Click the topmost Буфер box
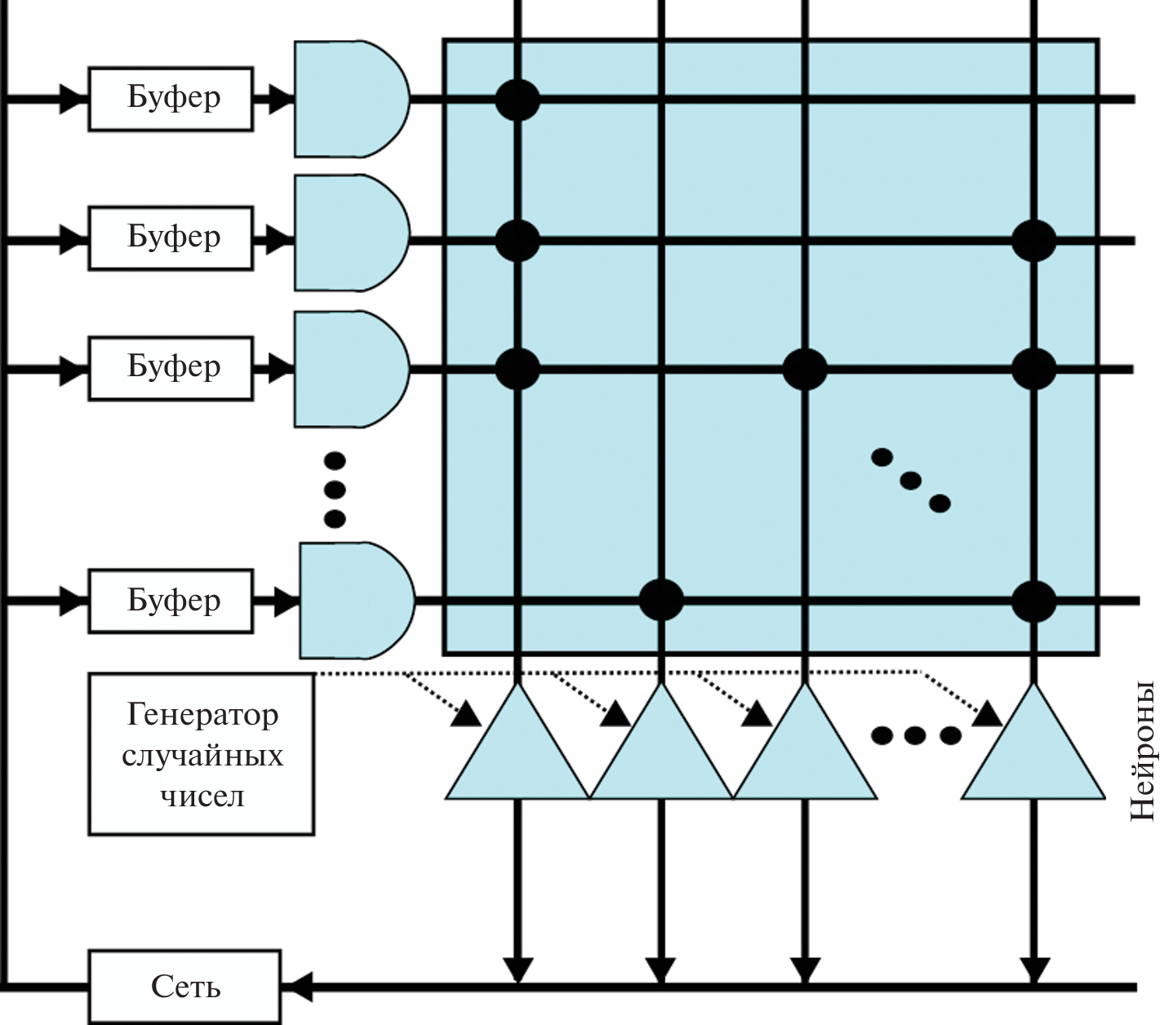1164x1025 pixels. tap(170, 99)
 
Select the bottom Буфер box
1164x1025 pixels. tap(170, 601)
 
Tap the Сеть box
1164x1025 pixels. tap(184, 987)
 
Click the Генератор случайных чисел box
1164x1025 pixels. tap(201, 754)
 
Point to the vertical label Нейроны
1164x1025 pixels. tap(1144, 752)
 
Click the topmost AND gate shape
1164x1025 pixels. tap(349, 99)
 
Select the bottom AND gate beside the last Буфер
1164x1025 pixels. tap(355, 601)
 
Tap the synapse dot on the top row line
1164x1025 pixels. tap(518, 100)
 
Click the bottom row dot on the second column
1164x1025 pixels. tap(660, 600)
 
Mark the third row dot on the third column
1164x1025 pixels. tap(805, 368)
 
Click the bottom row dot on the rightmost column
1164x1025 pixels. tap(1033, 601)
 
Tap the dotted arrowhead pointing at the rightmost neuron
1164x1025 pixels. tap(989, 715)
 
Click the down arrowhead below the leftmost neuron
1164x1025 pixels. tap(517, 970)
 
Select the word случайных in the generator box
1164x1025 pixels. tap(202, 755)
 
